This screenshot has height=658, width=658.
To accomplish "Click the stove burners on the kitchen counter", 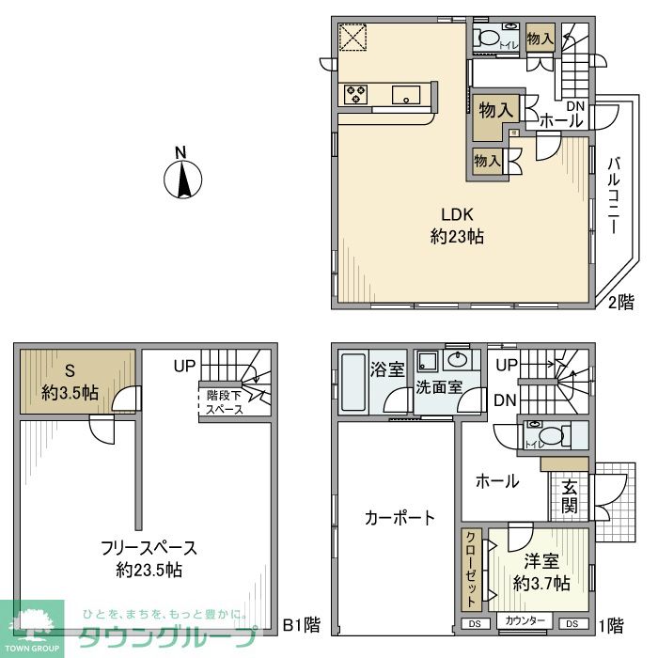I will (x=356, y=94).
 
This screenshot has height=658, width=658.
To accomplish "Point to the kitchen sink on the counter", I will (x=406, y=94).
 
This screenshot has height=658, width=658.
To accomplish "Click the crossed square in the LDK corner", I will (x=354, y=39).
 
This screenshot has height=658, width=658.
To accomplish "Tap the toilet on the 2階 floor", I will (x=487, y=39).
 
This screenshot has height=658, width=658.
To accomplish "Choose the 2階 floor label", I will (x=620, y=302).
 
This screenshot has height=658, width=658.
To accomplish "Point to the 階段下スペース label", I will (x=224, y=402).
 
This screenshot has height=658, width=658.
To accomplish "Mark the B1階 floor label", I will (x=302, y=622).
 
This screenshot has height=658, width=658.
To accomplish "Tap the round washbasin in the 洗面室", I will (x=458, y=360).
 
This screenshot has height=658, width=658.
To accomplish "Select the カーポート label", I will (x=399, y=517).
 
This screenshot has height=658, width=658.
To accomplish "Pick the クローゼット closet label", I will (x=471, y=570).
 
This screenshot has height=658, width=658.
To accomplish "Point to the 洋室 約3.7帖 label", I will (x=541, y=572).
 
